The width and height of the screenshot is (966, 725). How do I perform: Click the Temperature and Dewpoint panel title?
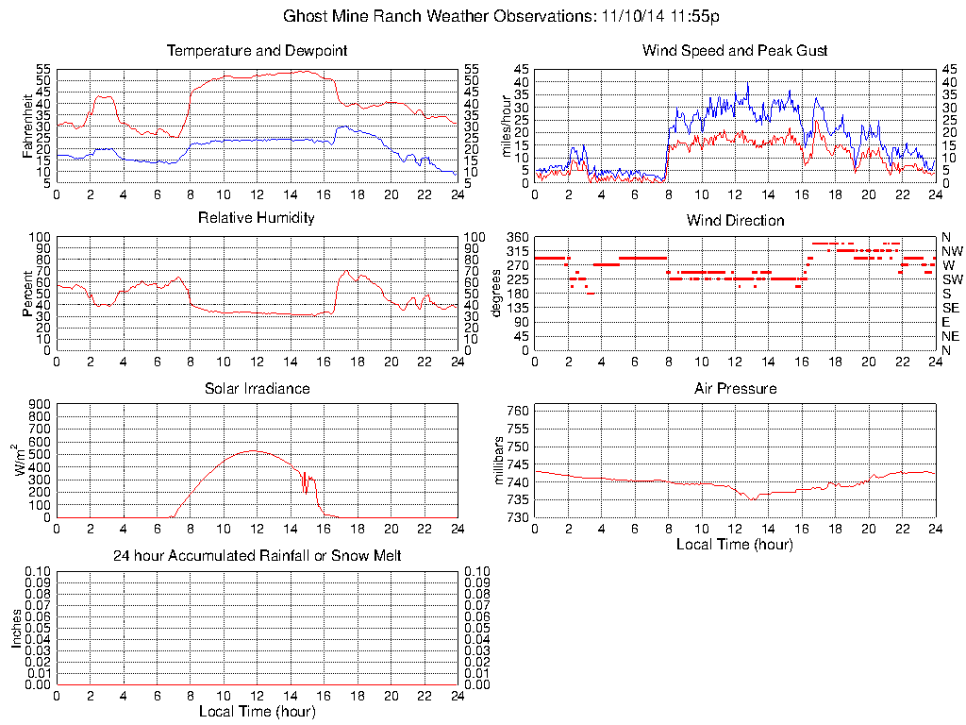(257, 50)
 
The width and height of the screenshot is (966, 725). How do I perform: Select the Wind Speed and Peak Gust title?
(735, 50)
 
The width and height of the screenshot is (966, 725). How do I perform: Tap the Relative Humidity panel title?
(257, 218)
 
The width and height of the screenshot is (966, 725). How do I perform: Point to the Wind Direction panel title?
(735, 220)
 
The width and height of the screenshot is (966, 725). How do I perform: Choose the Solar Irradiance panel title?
(257, 388)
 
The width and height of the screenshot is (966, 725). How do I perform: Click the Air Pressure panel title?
(735, 388)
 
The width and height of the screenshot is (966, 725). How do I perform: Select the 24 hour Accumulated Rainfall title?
(257, 556)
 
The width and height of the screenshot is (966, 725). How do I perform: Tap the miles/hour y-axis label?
(507, 126)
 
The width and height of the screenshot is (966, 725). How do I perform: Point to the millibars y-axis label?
(500, 464)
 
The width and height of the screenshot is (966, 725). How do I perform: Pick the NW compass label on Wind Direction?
(951, 251)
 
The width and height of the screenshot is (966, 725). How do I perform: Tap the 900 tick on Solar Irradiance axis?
(40, 404)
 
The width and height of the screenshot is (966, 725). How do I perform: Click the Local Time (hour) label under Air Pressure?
(735, 545)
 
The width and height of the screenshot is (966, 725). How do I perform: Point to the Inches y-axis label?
(17, 628)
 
